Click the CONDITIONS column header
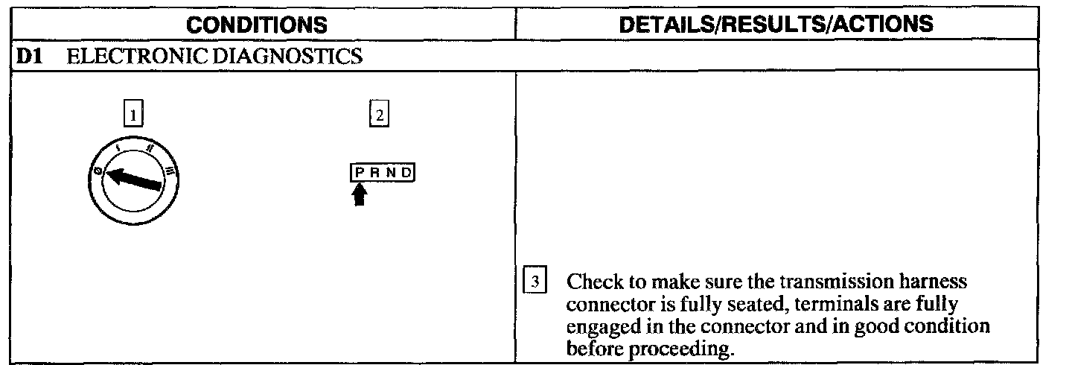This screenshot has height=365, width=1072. (257, 25)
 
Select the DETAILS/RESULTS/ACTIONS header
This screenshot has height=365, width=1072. (776, 24)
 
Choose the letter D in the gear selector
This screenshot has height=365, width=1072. (406, 174)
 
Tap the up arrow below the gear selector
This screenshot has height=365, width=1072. (360, 195)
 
